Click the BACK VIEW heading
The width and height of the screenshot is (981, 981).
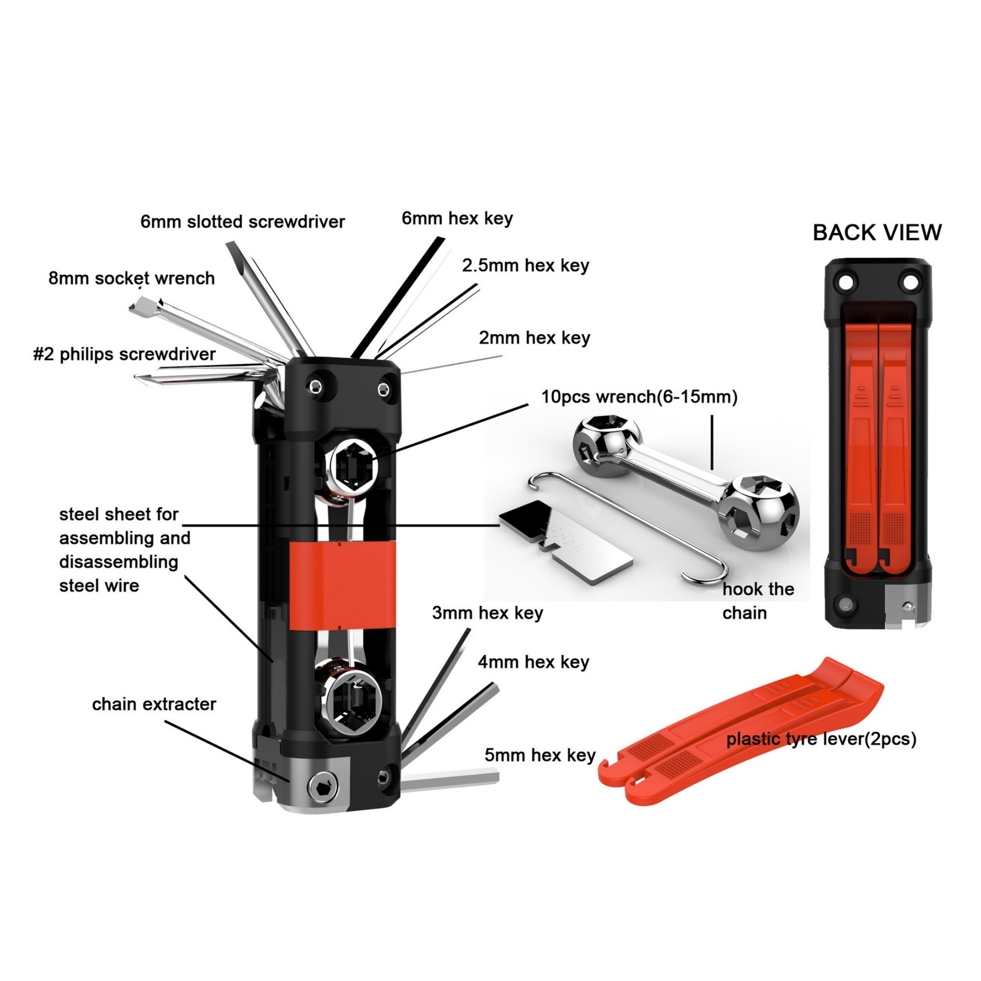click(877, 232)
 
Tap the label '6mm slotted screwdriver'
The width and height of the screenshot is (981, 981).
click(243, 222)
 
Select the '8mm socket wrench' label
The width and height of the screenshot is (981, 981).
click(131, 278)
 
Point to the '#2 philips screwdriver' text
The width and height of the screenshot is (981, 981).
click(125, 354)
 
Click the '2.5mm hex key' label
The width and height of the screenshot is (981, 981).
click(525, 265)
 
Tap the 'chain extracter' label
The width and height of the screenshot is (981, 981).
click(154, 704)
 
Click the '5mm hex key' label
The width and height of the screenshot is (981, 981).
click(540, 755)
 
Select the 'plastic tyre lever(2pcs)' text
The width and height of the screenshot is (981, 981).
click(821, 739)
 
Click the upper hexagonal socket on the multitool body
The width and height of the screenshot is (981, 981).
click(352, 465)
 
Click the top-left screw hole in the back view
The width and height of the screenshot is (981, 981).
click(845, 281)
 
